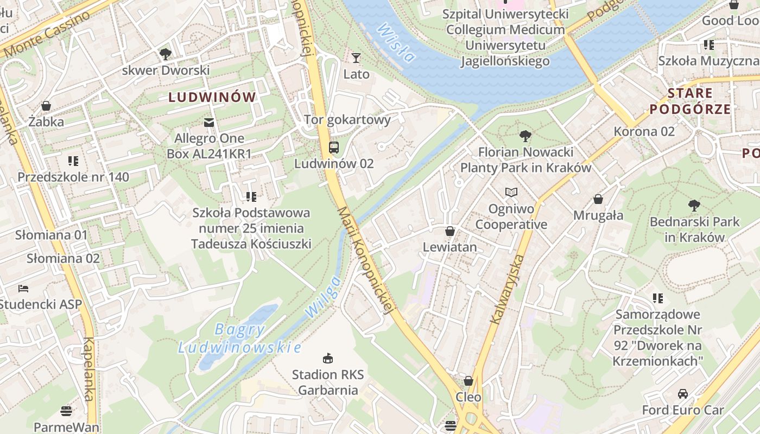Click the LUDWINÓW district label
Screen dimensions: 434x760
coord(212,97)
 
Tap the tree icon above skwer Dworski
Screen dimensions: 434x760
coord(166,54)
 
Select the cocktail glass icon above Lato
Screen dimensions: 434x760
coord(356,58)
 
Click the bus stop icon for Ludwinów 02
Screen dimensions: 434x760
coord(334,147)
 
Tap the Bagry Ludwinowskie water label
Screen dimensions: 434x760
coord(239,338)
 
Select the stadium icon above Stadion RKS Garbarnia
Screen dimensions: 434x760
coord(328,358)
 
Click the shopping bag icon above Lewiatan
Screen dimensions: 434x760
coord(449,231)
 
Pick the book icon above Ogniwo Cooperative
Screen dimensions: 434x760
coord(511,192)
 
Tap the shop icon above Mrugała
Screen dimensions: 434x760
coord(598,199)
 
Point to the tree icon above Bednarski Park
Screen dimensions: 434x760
coord(694,205)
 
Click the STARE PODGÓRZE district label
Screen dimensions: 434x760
coord(690,101)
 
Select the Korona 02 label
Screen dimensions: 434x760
coord(644,131)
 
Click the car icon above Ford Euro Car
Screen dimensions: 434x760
coord(683,394)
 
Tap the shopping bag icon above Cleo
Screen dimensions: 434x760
coord(468,381)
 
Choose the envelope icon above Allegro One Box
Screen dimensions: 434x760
coord(209,122)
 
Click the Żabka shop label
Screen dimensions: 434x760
coord(46,122)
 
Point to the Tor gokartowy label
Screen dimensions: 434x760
coord(347,119)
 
